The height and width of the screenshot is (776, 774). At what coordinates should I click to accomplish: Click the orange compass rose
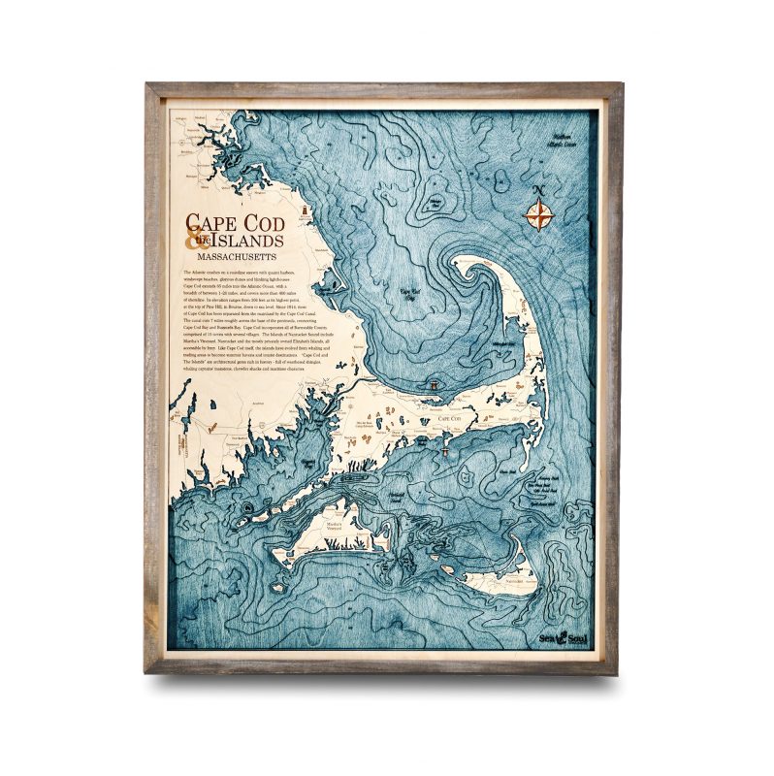point(538,212)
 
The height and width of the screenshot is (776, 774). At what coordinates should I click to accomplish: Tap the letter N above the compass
point(538,189)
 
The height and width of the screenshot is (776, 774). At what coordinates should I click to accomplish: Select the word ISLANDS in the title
point(248,242)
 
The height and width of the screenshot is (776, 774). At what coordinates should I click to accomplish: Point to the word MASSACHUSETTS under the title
point(237,258)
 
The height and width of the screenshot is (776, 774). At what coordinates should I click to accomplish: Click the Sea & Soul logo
point(562,635)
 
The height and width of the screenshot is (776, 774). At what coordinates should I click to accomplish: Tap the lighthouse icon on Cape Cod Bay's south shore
point(435,386)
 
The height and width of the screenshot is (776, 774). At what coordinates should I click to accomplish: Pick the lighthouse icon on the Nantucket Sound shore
point(445,448)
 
